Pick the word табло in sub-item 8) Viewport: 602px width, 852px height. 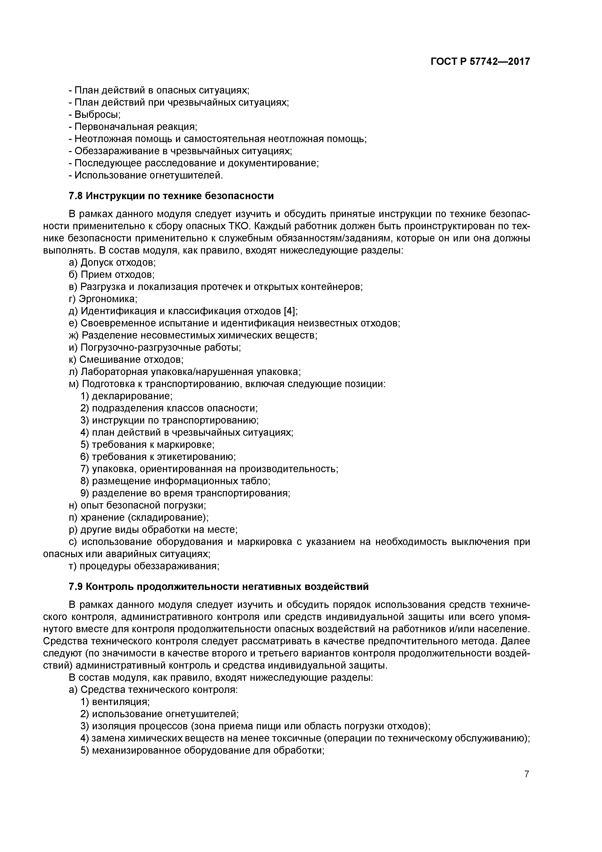[258, 481]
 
